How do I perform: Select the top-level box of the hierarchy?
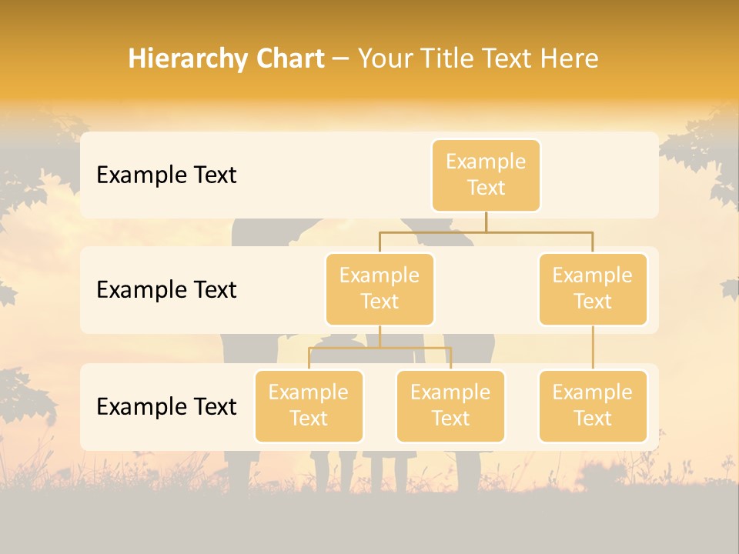486,175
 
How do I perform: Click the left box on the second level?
380,289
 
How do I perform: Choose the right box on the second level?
593,289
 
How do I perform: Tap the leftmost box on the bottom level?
309,405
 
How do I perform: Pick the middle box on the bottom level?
450,405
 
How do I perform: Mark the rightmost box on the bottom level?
593,405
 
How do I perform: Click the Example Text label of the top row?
166,175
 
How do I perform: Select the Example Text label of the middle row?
166,290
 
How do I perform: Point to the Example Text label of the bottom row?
166,406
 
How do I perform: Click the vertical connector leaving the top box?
486,222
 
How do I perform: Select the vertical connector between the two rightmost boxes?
593,348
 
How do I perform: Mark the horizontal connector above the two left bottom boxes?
380,348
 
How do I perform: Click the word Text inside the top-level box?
486,188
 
